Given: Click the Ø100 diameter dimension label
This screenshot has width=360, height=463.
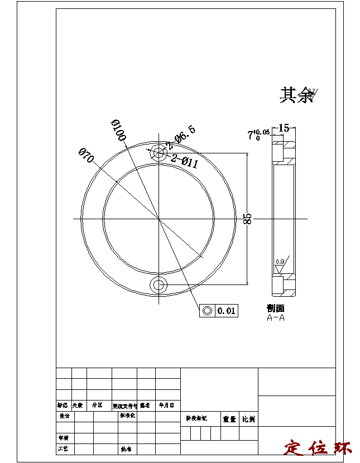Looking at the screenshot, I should [x=118, y=130].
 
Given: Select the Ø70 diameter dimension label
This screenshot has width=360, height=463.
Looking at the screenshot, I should [x=85, y=155].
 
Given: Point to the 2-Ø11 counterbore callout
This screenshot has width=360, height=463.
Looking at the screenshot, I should [x=185, y=161].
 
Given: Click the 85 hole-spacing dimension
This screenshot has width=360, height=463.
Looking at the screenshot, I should [x=248, y=218].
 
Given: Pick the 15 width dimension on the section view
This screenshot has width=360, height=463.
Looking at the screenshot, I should [x=284, y=128].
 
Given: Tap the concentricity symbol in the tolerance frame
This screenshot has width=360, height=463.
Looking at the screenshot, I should [x=207, y=311].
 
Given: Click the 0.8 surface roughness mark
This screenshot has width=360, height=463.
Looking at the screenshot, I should [x=280, y=261].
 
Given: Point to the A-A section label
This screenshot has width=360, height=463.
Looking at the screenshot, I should [x=276, y=318].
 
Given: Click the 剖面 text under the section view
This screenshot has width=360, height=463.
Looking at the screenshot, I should [x=276, y=308].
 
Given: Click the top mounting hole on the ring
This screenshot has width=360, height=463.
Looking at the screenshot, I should [x=159, y=152].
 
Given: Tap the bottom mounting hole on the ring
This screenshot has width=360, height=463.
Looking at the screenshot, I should [x=159, y=285].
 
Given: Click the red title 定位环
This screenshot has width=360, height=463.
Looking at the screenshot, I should [x=318, y=448].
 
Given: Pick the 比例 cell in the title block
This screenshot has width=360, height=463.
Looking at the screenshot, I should [x=248, y=418].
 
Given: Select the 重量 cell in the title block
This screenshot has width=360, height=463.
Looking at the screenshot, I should [x=230, y=418].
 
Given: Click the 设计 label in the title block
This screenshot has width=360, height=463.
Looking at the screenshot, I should [x=64, y=416].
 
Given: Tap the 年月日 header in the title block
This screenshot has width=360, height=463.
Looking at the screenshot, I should [x=167, y=406].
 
